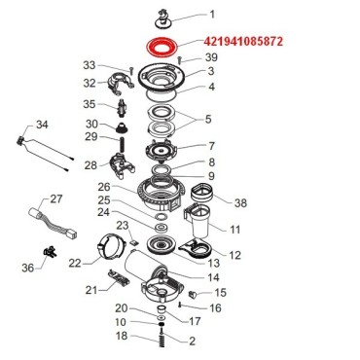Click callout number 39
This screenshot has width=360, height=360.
pyautogui.click(x=211, y=59)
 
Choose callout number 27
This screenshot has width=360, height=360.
pyautogui.click(x=55, y=199)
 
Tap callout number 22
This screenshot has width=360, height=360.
pyautogui.click(x=75, y=263)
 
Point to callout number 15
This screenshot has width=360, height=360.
pyautogui.click(x=220, y=292)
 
